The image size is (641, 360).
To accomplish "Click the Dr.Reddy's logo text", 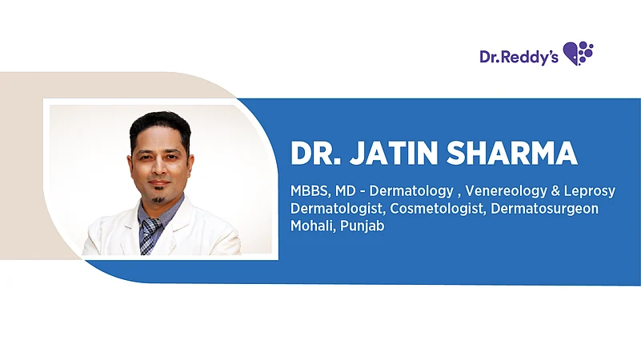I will pyautogui.click(x=519, y=56).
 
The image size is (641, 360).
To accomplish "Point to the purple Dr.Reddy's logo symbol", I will pyautogui.click(x=579, y=54).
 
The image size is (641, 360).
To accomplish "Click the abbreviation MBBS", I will pyautogui.click(x=308, y=192).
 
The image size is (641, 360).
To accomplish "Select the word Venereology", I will pyautogui.click(x=496, y=192).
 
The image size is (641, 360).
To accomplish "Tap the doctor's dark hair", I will pyautogui.click(x=160, y=122).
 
